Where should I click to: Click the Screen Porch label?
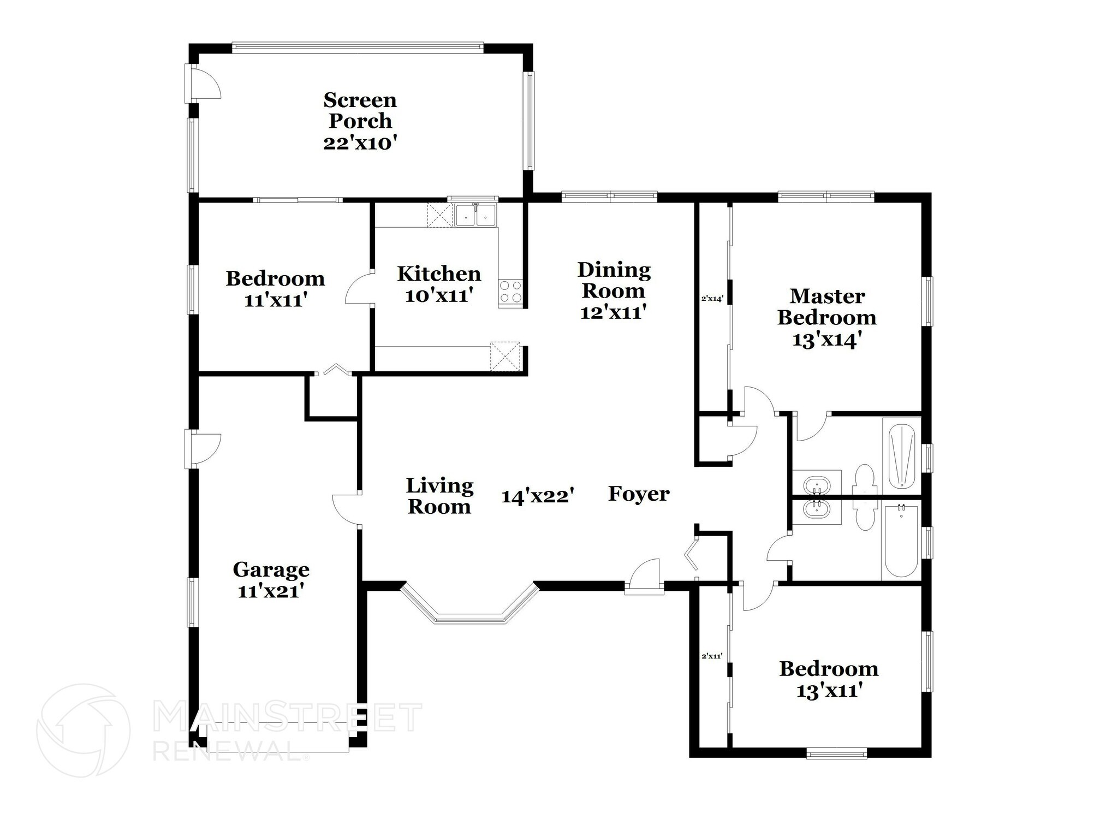[360, 110]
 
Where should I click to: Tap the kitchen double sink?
[475, 215]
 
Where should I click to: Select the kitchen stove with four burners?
[510, 292]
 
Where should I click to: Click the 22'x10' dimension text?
[360, 143]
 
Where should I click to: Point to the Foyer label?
[639, 494]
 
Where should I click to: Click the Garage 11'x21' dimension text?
[271, 591]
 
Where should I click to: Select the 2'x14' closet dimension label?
[712, 299]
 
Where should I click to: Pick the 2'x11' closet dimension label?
[712, 656]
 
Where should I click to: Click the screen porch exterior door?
[203, 82]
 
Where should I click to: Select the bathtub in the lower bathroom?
[901, 541]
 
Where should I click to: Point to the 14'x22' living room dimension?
[538, 496]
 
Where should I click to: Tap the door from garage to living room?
[346, 511]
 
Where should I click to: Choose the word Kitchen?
[439, 274]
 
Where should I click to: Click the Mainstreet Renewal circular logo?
[84, 730]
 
